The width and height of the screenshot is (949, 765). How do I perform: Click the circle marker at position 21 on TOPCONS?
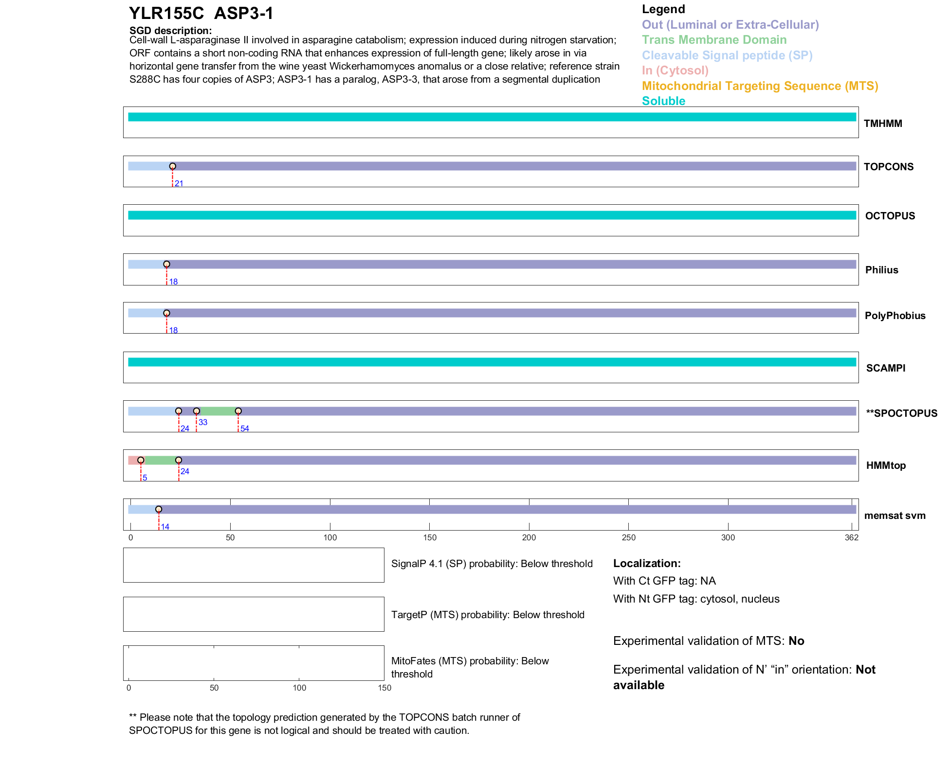coord(172,166)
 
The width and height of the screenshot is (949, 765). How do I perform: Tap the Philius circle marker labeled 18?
coord(166,264)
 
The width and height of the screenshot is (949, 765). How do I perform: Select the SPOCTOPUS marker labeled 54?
coord(238,411)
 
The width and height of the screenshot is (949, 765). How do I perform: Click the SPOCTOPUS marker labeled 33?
coord(197,411)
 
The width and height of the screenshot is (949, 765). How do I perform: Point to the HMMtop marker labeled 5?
coord(141,460)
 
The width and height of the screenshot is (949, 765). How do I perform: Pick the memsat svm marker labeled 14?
coord(159,509)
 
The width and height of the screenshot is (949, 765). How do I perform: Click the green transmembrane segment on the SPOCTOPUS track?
coord(217,411)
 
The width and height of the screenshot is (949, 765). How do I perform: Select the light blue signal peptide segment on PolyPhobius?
coord(146,313)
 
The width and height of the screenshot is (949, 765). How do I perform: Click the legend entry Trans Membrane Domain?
coord(714,40)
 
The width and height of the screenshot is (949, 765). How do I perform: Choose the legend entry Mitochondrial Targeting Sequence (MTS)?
coord(760,86)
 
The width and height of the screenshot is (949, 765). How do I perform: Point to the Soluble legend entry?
coord(663,101)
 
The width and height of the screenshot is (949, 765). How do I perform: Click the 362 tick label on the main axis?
coord(852,537)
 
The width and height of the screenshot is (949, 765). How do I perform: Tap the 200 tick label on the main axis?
coord(529,537)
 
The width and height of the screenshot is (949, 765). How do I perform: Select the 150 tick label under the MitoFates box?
coord(384,688)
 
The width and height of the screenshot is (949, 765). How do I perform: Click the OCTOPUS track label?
coord(890,216)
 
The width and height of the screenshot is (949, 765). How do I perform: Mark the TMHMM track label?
coord(883,124)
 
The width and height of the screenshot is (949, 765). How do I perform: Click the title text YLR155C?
coord(166,14)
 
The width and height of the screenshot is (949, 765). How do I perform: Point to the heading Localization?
coord(647,563)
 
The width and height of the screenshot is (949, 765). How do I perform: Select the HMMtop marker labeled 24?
coord(179,460)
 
